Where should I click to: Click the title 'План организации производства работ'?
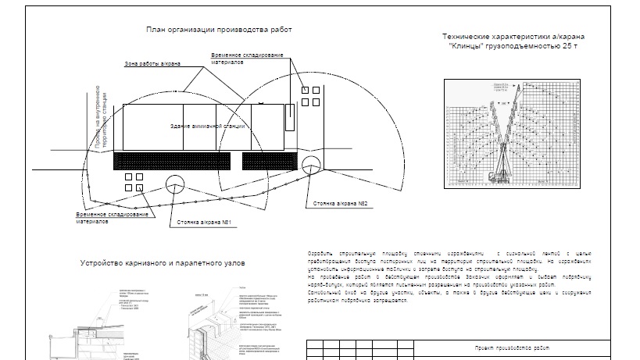[218, 30]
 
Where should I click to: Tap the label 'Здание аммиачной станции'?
[208, 126]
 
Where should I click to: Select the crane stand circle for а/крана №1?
[174, 185]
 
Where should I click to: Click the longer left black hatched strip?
[172, 161]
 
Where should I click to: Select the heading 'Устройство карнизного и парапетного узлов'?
[163, 264]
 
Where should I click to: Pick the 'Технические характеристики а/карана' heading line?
[513, 37]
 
